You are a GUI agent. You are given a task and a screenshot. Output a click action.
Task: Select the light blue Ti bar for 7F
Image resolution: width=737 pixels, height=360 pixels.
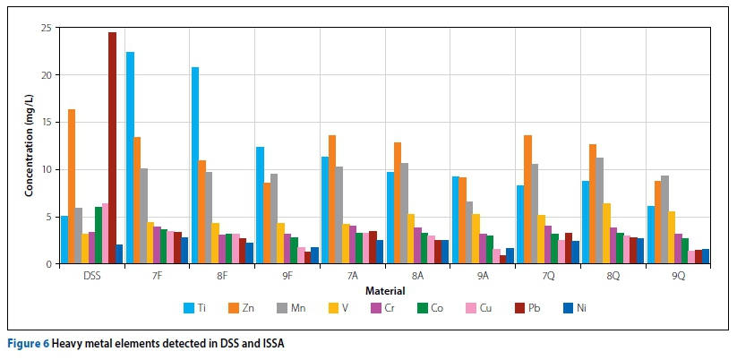(130, 158)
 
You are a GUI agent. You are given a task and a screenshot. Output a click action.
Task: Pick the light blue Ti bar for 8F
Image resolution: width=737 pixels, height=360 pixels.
(195, 166)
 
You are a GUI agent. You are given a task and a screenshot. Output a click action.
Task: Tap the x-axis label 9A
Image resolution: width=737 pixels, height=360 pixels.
(482, 276)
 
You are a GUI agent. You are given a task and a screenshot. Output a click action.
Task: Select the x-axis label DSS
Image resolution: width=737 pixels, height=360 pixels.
(92, 276)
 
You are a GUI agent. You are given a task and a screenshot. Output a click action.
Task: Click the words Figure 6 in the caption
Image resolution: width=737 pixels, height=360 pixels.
(30, 343)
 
